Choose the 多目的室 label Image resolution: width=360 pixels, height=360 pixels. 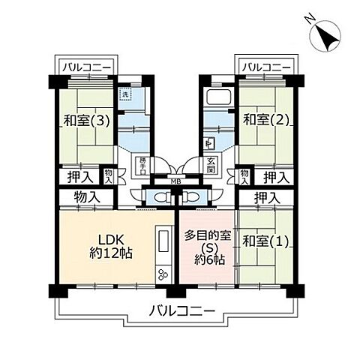coord(206,235)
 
